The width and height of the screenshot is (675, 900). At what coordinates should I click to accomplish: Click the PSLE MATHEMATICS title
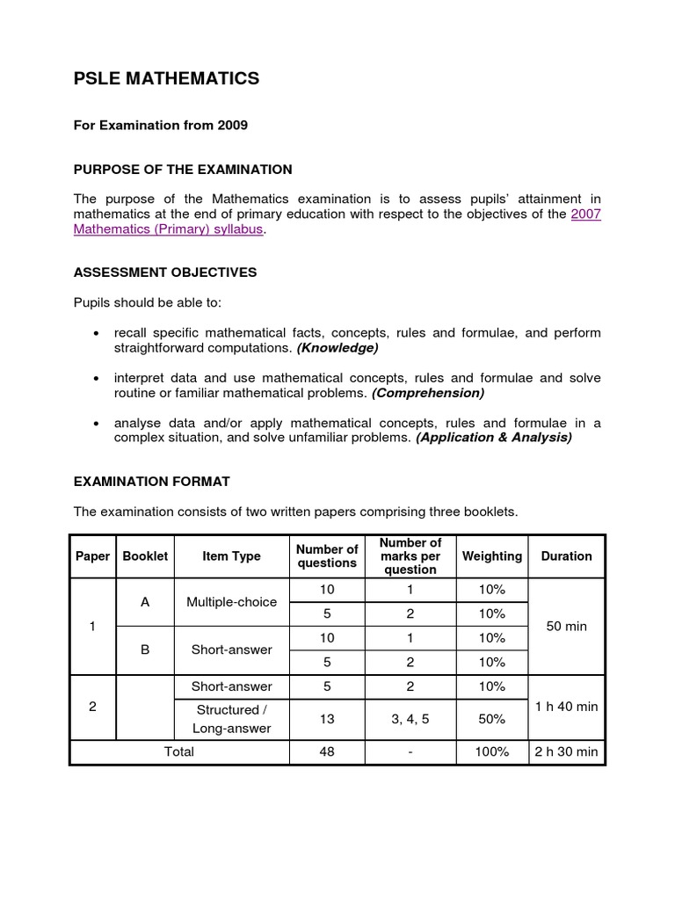(x=166, y=79)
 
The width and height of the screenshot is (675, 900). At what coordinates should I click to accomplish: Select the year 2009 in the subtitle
(x=233, y=126)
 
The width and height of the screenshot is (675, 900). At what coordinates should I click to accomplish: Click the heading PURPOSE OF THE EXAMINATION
(x=183, y=169)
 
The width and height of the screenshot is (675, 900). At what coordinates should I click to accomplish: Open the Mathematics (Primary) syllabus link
(x=168, y=229)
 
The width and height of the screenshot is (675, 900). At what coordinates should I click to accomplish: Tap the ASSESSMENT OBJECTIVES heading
(x=165, y=272)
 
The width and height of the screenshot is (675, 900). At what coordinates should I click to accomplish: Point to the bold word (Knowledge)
(x=337, y=348)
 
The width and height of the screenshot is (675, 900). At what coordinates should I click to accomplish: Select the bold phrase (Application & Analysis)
(x=493, y=438)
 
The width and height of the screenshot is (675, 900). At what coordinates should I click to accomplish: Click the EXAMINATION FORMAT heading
(x=152, y=481)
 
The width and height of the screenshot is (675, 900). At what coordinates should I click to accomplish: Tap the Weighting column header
(x=491, y=556)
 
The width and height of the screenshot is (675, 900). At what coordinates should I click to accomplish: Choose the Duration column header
(x=566, y=556)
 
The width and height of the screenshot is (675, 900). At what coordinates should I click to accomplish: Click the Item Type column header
(x=231, y=556)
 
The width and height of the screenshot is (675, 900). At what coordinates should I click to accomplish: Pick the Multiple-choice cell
(x=231, y=602)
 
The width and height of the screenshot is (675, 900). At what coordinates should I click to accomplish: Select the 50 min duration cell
(x=566, y=627)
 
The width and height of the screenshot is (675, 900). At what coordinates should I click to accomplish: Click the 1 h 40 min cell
(x=566, y=706)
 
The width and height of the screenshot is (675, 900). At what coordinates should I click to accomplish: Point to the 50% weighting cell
(x=491, y=719)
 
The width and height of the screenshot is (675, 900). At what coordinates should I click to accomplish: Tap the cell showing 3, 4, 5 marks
(x=410, y=719)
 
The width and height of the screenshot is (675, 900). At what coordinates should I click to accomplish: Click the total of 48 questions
(x=327, y=752)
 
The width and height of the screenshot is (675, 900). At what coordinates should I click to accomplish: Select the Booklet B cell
(x=145, y=650)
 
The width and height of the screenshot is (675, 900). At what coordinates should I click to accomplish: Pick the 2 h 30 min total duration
(x=566, y=752)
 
